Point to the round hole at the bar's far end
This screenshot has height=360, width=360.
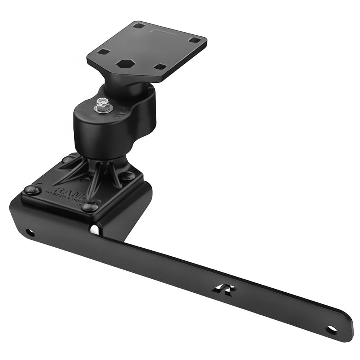331,329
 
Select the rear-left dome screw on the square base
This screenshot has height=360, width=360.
68,159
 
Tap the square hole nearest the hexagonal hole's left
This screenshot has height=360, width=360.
104,52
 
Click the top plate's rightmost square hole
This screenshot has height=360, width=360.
195,40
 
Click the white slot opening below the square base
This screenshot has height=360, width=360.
94,229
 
